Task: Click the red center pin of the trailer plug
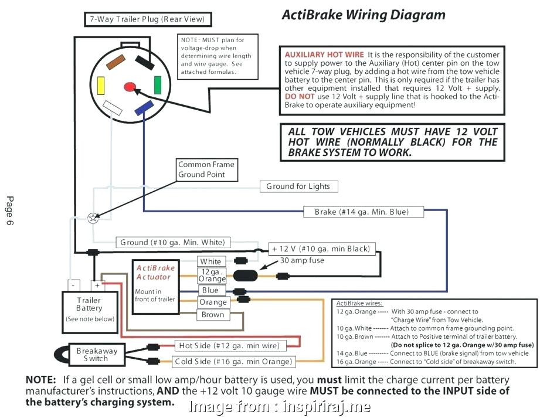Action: [x=129, y=87]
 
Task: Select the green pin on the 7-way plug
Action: [x=158, y=85]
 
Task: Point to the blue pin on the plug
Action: [x=143, y=108]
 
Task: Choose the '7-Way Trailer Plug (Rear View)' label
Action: [x=147, y=19]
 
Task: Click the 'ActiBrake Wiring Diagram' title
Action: [x=364, y=14]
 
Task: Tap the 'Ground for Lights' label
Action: [x=298, y=186]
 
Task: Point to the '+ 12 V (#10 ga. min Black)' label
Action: [x=322, y=249]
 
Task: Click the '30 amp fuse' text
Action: [x=302, y=260]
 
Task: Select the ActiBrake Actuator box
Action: [x=154, y=287]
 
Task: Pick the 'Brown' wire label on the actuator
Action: [x=212, y=315]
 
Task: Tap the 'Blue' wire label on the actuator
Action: [x=209, y=290]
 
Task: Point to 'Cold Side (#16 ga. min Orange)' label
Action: [x=233, y=361]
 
